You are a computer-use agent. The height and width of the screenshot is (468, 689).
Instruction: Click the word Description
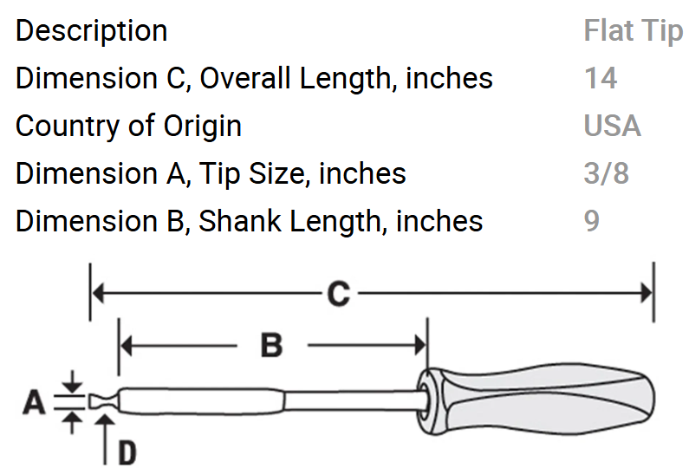point(91,32)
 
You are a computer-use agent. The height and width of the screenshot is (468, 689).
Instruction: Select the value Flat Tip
point(634,30)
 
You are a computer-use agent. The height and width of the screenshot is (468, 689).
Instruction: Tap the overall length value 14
point(601,78)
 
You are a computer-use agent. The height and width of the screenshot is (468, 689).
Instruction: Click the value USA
point(612,126)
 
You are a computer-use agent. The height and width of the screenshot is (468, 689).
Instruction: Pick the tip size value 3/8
point(607,173)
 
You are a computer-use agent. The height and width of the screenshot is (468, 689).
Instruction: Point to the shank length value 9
point(591,221)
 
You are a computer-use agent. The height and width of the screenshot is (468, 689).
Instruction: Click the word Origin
point(203,127)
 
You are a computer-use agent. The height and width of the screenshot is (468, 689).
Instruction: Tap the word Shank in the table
point(239,221)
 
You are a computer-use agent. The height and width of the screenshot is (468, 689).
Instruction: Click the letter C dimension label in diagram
point(338,293)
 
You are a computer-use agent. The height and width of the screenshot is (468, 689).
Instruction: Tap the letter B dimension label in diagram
point(272,346)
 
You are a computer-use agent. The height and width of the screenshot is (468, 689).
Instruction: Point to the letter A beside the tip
point(34,402)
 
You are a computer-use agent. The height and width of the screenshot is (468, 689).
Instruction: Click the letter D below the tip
point(127,452)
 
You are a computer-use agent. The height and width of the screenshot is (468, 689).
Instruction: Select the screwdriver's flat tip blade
point(104,401)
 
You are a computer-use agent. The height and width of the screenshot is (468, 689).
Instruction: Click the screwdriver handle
point(536,400)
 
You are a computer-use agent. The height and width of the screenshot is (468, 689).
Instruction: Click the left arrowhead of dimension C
point(98,293)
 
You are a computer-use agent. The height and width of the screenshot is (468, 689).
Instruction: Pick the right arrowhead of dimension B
point(420,346)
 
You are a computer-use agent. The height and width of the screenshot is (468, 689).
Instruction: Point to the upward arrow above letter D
point(105,439)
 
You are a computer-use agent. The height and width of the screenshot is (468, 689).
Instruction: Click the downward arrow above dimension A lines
point(73,381)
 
